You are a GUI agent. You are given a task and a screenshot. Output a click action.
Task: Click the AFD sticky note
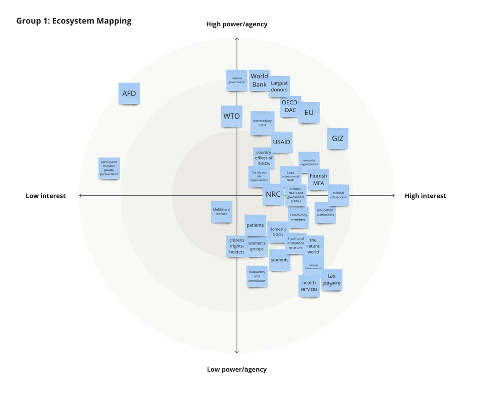(x=129, y=93)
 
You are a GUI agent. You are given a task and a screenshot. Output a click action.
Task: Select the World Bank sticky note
(x=259, y=80)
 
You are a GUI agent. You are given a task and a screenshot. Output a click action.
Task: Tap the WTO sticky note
(x=232, y=116)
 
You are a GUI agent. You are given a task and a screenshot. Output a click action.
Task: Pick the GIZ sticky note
(x=337, y=139)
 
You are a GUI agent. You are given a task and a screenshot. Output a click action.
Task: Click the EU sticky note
(x=309, y=113)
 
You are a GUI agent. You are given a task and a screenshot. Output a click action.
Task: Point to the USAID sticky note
(x=282, y=142)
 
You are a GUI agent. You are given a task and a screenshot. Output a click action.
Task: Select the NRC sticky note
(x=273, y=194)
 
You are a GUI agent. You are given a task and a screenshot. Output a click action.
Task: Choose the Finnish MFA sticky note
(x=319, y=179)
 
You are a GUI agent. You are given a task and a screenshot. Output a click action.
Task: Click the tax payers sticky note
(x=331, y=280)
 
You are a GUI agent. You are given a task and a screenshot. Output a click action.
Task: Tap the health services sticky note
(x=309, y=286)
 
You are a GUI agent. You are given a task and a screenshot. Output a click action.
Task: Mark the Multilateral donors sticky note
(x=222, y=212)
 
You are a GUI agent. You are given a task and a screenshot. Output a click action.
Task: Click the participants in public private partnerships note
(x=109, y=168)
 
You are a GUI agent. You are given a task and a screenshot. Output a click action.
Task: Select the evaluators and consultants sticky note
(x=257, y=276)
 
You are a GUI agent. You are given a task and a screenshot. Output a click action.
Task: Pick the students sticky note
(x=280, y=260)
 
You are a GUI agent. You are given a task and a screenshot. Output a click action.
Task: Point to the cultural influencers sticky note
(x=338, y=195)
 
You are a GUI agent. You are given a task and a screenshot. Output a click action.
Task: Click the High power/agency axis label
(x=237, y=24)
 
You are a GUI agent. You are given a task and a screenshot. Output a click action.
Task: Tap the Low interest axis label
(x=46, y=196)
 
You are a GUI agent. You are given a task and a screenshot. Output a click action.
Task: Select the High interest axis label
(x=425, y=196)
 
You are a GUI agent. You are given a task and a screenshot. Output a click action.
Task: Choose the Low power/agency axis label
(x=237, y=370)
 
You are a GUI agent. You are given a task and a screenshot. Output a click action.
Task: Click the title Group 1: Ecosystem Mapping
(x=74, y=21)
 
